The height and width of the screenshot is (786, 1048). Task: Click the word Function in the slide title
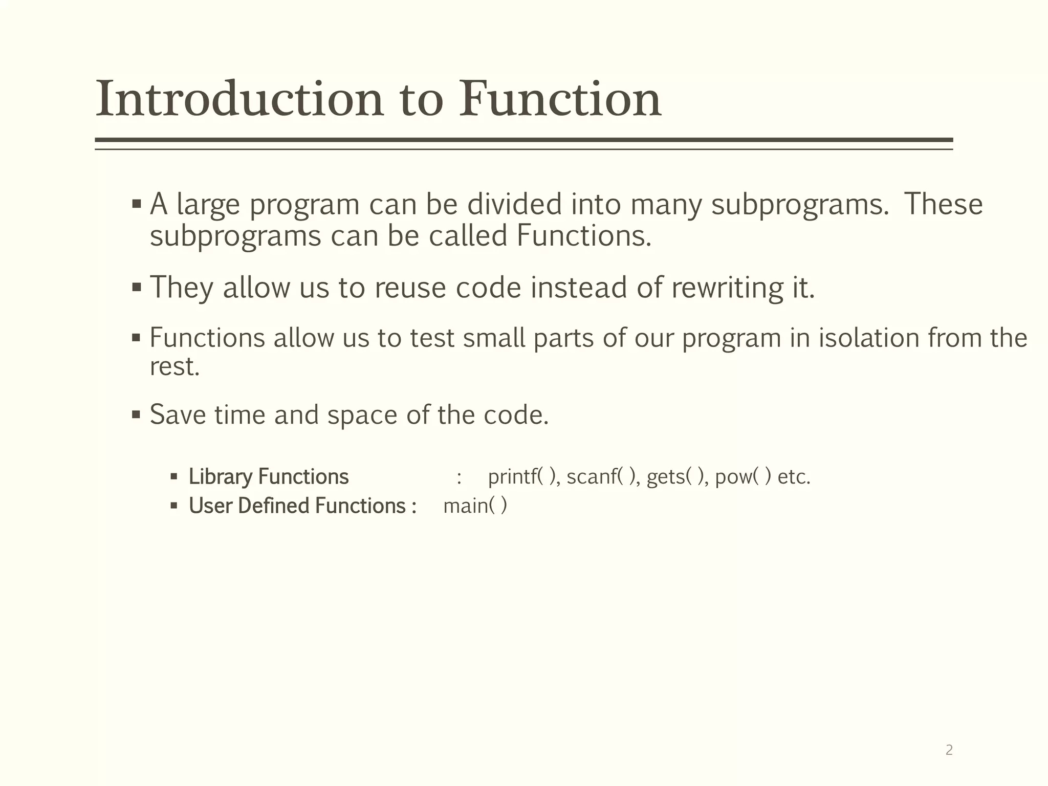(x=560, y=99)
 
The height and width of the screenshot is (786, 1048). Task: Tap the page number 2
(x=949, y=750)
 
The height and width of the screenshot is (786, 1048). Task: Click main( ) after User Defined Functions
(x=475, y=506)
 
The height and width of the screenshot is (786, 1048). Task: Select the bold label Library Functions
(x=269, y=476)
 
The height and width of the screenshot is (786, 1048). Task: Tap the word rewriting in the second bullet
(x=727, y=288)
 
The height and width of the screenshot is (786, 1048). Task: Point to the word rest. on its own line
(x=174, y=367)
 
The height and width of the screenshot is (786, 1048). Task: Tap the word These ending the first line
(x=943, y=204)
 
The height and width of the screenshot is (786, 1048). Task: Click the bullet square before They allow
(x=136, y=287)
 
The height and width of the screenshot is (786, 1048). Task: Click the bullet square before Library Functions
(x=174, y=477)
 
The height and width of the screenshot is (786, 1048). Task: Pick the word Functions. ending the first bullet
(x=584, y=236)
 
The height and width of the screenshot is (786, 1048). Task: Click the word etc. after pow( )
(x=794, y=477)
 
